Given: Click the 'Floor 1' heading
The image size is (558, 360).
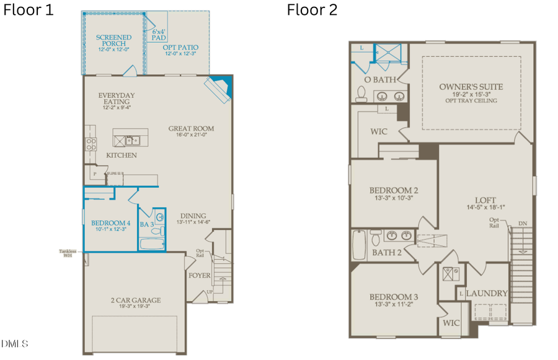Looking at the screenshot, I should (29, 10).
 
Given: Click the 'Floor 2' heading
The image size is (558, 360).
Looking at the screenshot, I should (312, 10).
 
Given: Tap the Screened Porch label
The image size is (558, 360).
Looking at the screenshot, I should (113, 41).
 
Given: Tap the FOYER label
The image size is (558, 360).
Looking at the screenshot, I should (200, 275).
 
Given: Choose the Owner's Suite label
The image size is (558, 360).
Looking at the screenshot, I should (471, 87).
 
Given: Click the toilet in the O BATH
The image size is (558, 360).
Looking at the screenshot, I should (362, 93).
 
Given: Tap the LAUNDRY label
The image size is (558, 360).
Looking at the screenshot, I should (487, 293).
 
